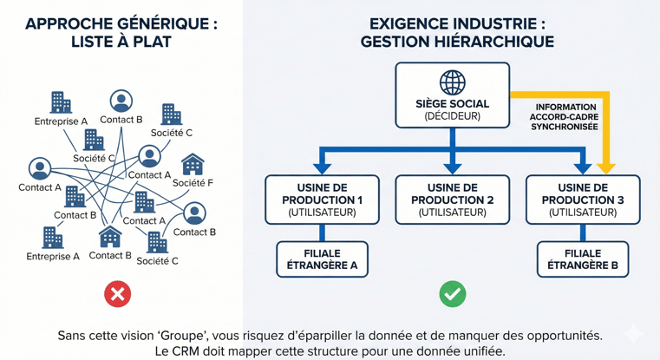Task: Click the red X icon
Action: (117, 294)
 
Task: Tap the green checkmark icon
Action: (452, 294)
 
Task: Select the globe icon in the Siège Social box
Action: (452, 82)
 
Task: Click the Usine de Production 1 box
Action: (322, 200)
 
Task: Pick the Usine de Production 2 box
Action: (452, 200)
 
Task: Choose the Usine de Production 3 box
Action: (583, 200)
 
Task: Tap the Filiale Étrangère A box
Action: (322, 259)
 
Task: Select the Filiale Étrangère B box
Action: (583, 259)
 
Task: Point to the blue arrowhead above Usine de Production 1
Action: (322, 165)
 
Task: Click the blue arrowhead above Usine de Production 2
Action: (452, 165)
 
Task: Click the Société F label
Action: (193, 183)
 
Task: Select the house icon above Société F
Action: (193, 163)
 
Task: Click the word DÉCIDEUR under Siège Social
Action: (452, 116)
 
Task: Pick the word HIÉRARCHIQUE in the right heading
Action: (503, 42)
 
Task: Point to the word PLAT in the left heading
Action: (148, 42)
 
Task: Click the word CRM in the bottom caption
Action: (193, 351)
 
